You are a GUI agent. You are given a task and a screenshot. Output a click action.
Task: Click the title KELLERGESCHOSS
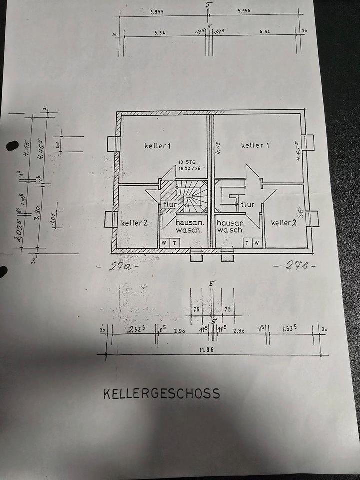point(161,393)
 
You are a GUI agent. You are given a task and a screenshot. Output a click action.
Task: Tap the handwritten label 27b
point(294,266)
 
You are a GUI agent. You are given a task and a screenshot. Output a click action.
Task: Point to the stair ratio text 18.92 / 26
point(188,169)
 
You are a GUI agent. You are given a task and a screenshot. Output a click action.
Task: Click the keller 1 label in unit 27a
point(158,146)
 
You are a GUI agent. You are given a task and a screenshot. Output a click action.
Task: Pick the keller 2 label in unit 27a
point(134,222)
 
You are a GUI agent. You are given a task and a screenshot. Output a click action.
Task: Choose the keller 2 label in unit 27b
point(284,222)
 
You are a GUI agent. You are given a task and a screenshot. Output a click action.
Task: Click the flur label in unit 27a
point(170,205)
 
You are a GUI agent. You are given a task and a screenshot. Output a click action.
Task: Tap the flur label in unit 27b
point(247,204)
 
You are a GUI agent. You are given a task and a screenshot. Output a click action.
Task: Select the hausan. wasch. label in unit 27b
point(231,227)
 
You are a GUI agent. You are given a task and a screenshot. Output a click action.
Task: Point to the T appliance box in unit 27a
point(175,243)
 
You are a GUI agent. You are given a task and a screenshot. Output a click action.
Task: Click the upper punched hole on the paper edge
point(10,146)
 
